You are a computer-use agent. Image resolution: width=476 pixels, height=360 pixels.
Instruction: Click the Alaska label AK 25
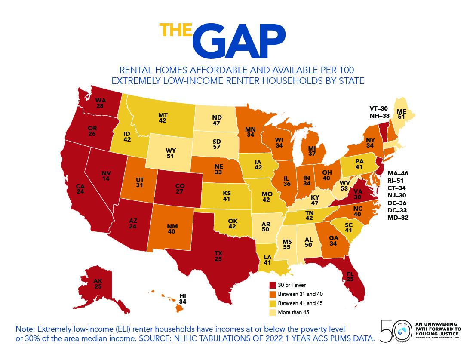coord(98,283)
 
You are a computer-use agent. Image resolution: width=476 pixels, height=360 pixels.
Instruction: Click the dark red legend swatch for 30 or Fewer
coord(272,285)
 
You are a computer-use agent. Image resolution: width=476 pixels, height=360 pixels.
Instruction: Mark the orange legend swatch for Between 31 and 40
coord(272,294)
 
